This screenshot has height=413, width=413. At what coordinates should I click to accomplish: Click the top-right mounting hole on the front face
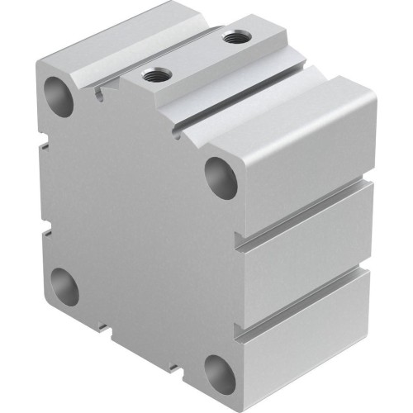pyautogui.click(x=221, y=175)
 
